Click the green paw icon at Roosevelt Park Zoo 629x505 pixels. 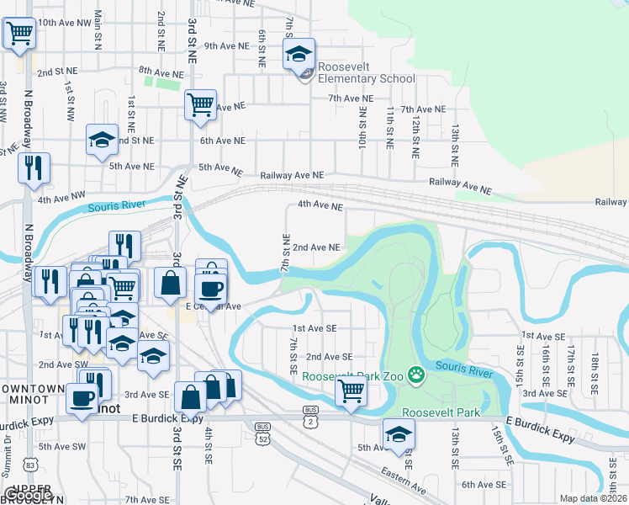coord(415,374)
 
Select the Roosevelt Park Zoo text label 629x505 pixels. coord(353,376)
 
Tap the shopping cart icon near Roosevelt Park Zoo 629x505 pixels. coord(351,391)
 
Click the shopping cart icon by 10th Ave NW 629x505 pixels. coord(19,35)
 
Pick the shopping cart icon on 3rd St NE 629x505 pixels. coord(200,105)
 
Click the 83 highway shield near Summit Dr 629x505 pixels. coord(30,464)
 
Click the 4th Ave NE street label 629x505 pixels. coord(320,205)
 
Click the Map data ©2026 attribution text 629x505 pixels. coord(593,498)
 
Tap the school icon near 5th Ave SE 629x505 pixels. coord(399,433)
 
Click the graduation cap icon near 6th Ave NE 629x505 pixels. coord(102,140)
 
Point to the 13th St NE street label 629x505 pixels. coord(454,144)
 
